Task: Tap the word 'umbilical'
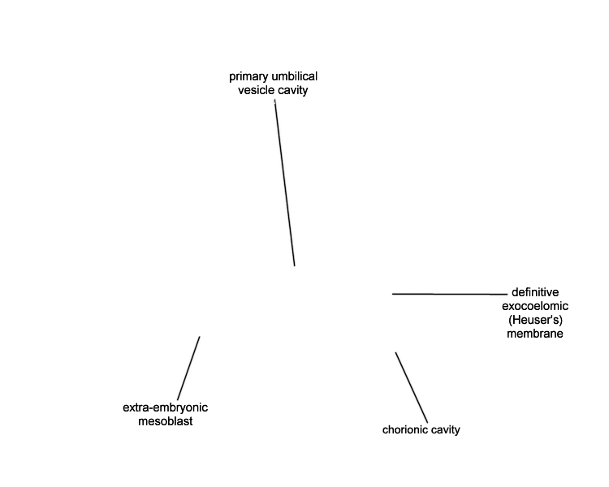(x=295, y=76)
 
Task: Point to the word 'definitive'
(x=535, y=292)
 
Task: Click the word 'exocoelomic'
(x=535, y=306)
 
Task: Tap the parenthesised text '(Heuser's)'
(x=535, y=320)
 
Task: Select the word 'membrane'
(x=535, y=334)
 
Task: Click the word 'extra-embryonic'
(x=165, y=407)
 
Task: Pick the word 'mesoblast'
(x=165, y=421)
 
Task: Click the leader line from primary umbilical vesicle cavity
(x=285, y=183)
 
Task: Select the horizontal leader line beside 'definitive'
(x=450, y=294)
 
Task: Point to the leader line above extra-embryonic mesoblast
(x=188, y=368)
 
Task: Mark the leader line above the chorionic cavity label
(x=412, y=388)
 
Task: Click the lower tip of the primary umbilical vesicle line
(x=295, y=266)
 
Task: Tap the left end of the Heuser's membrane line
(x=392, y=294)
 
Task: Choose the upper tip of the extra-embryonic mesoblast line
(x=200, y=336)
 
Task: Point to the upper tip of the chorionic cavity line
(x=395, y=352)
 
